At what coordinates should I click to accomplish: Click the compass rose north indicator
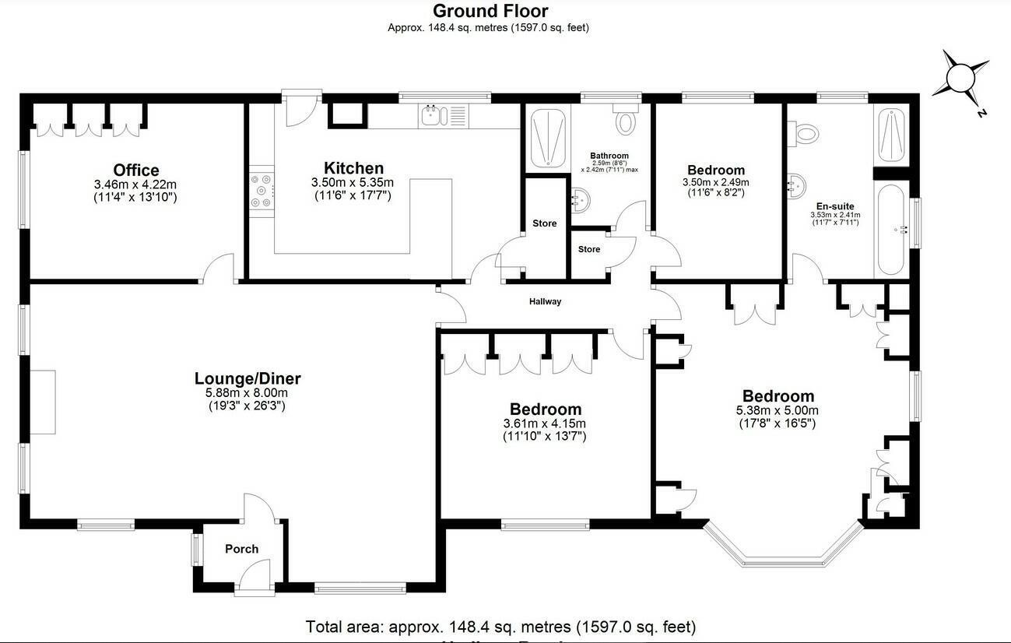tap(962, 78)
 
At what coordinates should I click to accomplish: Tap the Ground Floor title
tap(490, 11)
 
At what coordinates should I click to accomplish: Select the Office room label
tap(135, 170)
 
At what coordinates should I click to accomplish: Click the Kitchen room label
tap(353, 168)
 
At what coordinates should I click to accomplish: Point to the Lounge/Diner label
tap(247, 379)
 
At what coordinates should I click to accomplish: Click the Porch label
tap(241, 549)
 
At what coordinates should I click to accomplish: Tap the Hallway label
tap(545, 301)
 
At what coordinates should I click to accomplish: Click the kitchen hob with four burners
tap(262, 191)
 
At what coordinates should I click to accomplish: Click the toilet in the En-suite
tap(804, 134)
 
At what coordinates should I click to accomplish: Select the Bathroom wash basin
tap(580, 199)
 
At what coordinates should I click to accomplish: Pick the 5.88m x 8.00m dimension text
tap(247, 393)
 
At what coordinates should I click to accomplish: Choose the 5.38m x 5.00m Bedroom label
tap(778, 396)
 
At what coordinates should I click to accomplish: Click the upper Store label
tap(545, 223)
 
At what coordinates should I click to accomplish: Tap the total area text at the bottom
tap(500, 627)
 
